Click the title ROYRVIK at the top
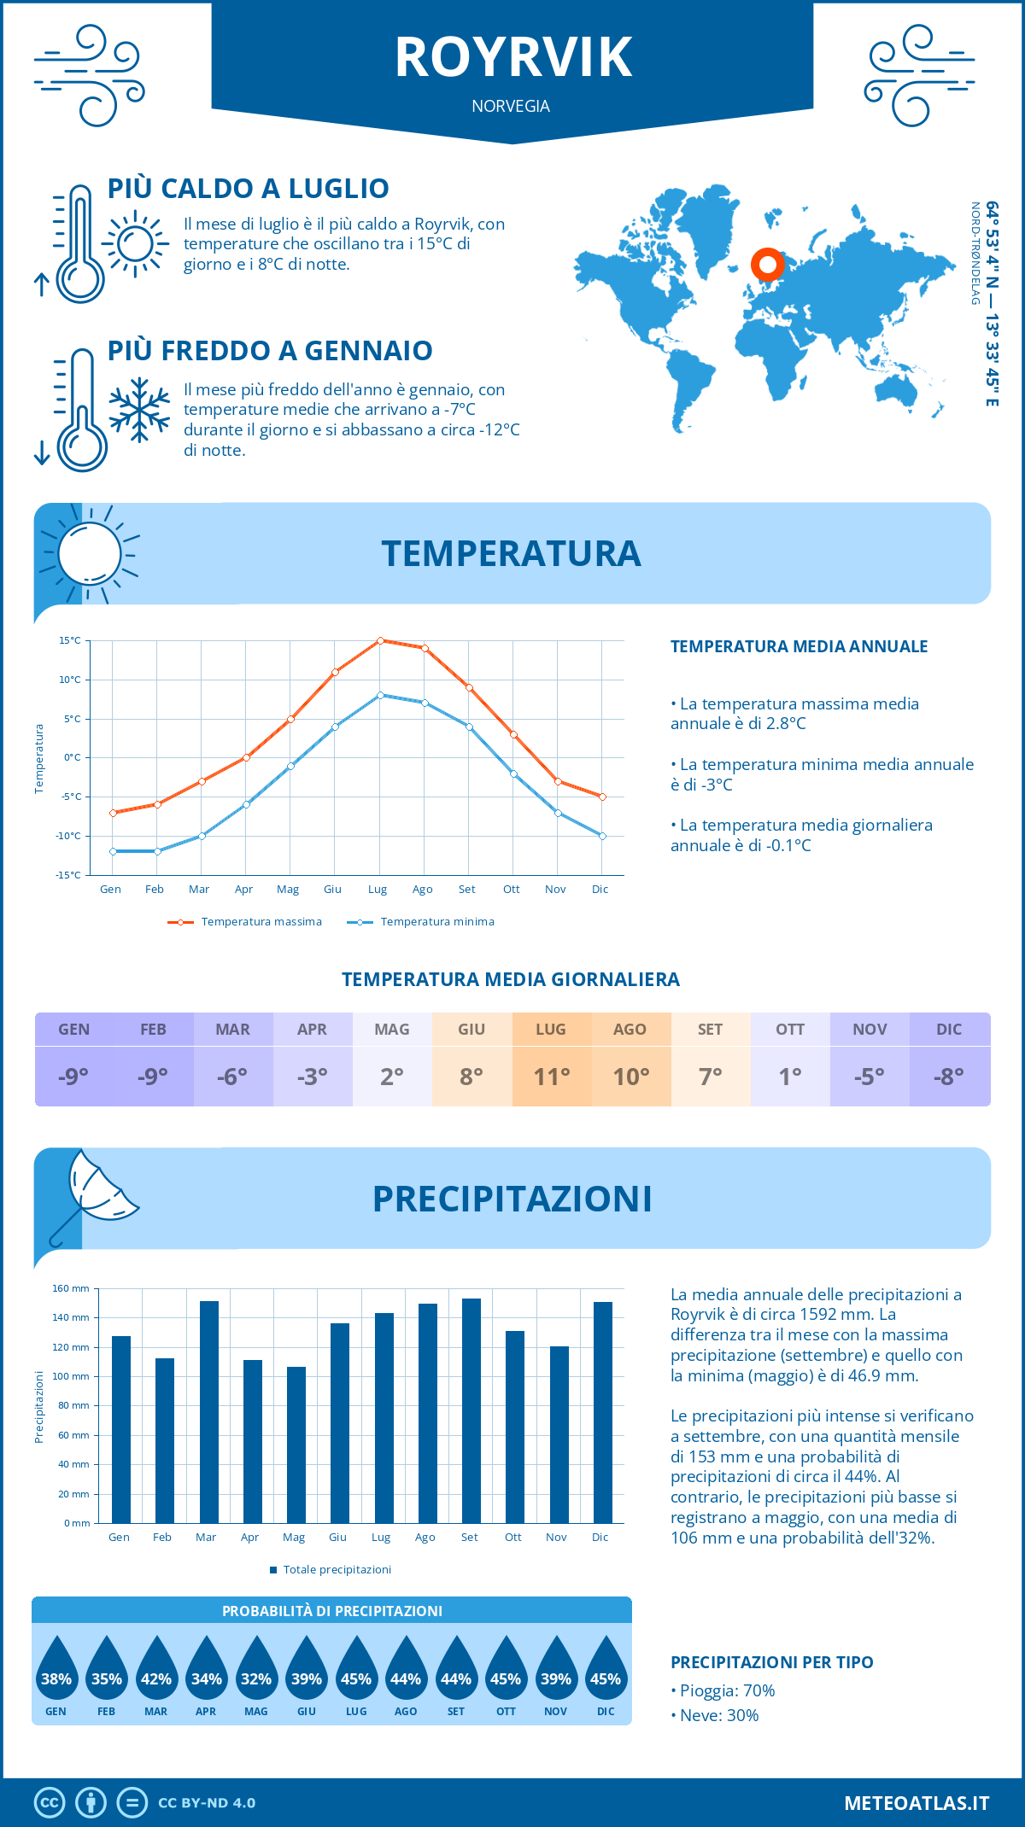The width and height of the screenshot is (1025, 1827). (x=513, y=58)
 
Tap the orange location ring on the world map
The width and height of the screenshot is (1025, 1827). (x=768, y=265)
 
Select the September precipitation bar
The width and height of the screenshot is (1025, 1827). (x=471, y=1410)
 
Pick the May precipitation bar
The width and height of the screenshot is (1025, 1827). (x=296, y=1445)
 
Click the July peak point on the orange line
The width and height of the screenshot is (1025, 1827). (x=380, y=640)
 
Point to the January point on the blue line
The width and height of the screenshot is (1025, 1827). (x=113, y=851)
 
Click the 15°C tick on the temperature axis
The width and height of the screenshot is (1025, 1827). (x=70, y=640)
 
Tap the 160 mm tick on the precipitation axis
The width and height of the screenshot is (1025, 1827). (x=72, y=1288)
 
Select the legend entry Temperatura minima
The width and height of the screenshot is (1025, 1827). (x=436, y=922)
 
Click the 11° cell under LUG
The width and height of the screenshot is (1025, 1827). (x=551, y=1077)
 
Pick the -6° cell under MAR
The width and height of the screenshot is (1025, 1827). (x=232, y=1077)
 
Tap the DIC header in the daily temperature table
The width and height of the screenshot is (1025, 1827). (x=949, y=1030)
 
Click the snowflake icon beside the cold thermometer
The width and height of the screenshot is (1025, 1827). (x=139, y=410)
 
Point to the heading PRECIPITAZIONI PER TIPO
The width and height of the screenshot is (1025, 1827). (x=771, y=1662)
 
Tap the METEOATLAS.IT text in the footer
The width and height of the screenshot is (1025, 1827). (x=917, y=1803)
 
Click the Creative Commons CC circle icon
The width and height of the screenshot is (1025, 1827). (x=50, y=1803)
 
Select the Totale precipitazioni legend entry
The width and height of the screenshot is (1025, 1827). (x=337, y=1570)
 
